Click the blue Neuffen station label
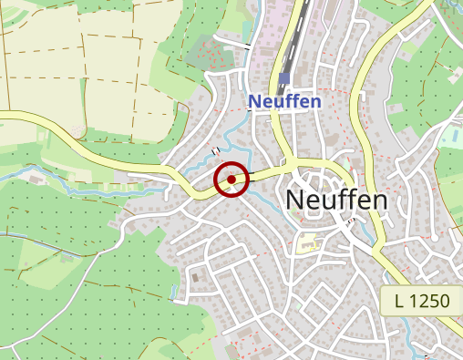coord(285,101)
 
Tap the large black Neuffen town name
coord(336,199)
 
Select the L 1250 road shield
coord(422,301)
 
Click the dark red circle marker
coord(231,180)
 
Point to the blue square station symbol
coord(284,78)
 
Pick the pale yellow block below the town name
coord(308,242)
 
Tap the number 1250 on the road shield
coord(432,301)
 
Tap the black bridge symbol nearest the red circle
coord(215,150)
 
